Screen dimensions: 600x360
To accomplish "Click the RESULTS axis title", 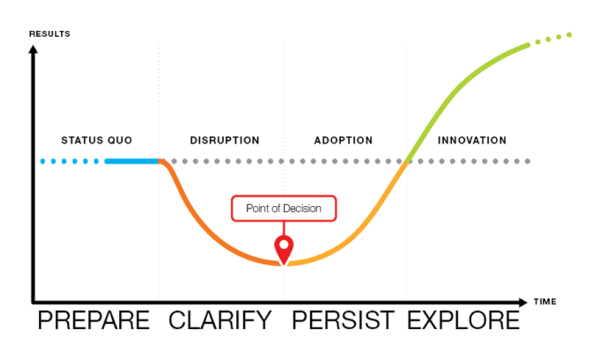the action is click(x=50, y=34).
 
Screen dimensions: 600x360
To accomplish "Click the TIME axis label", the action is click(x=545, y=301).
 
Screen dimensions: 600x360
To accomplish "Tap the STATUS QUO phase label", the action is click(x=97, y=141).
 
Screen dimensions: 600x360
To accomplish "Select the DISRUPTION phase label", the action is click(x=225, y=141).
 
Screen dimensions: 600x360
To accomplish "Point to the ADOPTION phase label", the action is click(x=343, y=141).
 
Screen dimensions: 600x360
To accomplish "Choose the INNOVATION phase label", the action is click(x=472, y=141).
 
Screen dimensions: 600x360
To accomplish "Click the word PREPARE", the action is click(x=93, y=320).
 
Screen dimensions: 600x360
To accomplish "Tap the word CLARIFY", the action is click(x=220, y=320).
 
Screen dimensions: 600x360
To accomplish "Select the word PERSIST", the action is click(x=343, y=320).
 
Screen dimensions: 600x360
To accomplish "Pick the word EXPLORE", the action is click(x=463, y=320).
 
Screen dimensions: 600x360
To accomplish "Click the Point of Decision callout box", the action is click(x=283, y=208).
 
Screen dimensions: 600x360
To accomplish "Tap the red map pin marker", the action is click(x=284, y=250).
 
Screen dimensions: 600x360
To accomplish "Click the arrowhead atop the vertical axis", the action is click(x=33, y=49).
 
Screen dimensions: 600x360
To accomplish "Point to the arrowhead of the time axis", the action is click(x=523, y=303).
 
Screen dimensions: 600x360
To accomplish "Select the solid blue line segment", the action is click(x=132, y=161).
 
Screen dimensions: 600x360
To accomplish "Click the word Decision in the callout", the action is click(x=302, y=208).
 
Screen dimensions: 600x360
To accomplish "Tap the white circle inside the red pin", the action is click(x=284, y=244).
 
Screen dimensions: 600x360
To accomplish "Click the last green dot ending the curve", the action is click(x=569, y=35).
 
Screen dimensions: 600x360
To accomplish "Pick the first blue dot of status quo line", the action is click(x=43, y=161).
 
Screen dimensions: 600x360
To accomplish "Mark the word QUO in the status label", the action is click(x=120, y=141).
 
